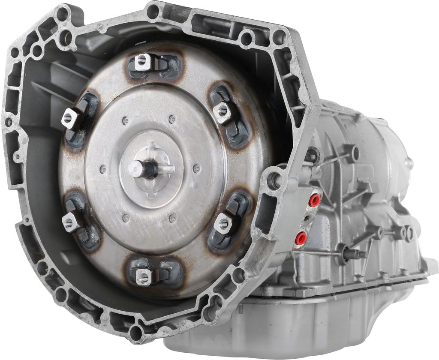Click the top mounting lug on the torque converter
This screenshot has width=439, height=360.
pos(143,62)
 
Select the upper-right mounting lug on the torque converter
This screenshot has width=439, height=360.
pos(223,111)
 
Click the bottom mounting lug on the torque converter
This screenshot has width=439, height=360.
pos(144,278)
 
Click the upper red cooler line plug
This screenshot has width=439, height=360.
pos(315,200)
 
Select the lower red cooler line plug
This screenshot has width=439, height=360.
pos(301,237)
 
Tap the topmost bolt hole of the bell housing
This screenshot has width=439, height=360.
pos(153,12)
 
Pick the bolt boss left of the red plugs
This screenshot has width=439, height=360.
pos(274,180)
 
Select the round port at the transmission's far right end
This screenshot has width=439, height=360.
pos(410,163)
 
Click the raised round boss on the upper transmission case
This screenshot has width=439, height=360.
pos(354,153)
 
